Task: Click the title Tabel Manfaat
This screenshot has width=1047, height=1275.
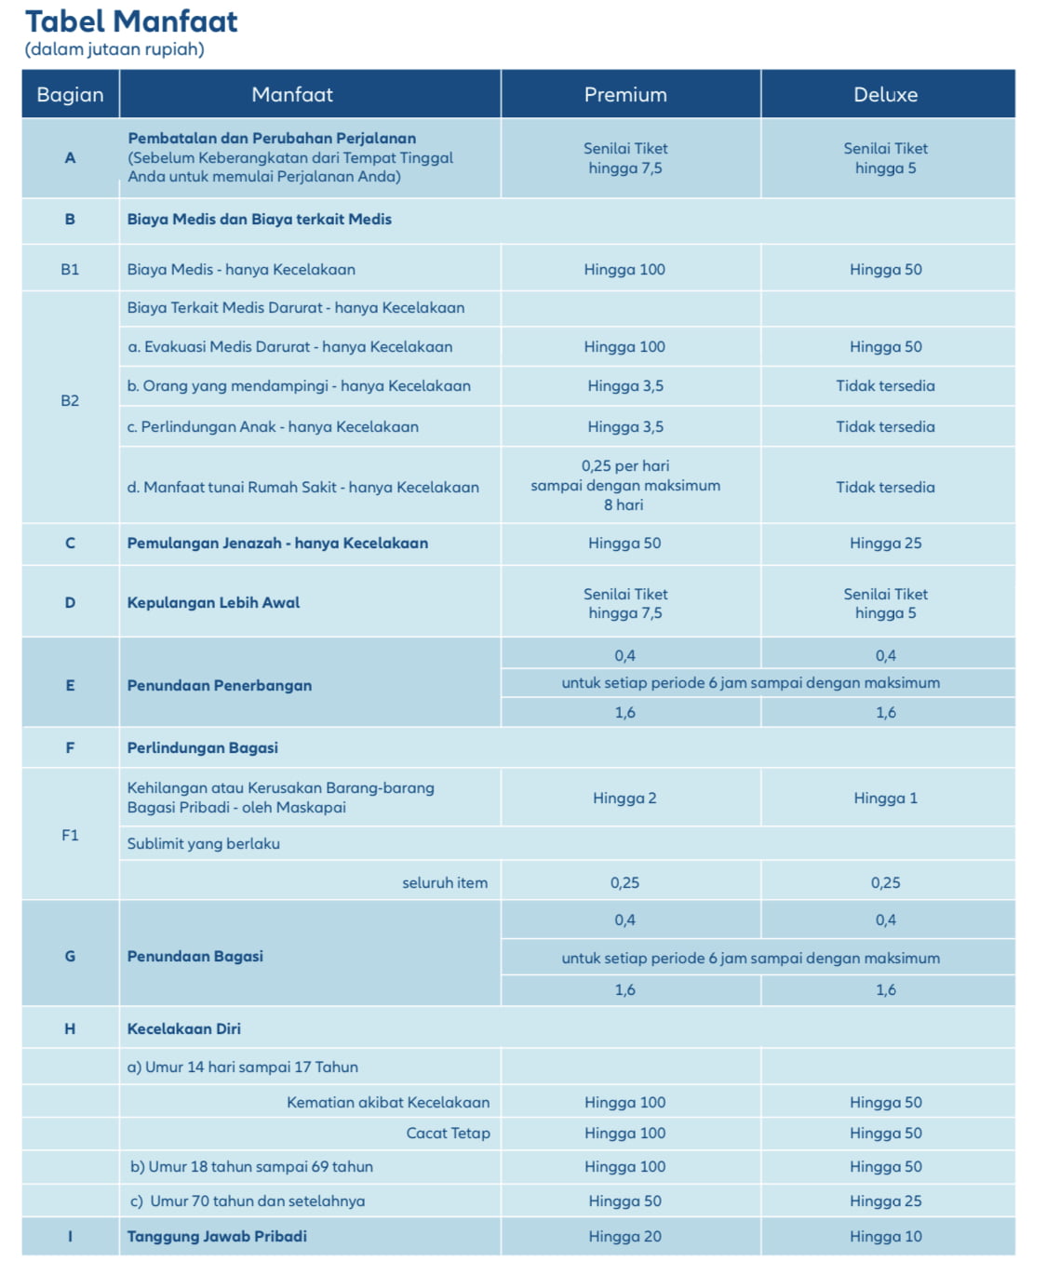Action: (x=131, y=21)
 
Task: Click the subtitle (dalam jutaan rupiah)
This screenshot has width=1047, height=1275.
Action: (x=114, y=49)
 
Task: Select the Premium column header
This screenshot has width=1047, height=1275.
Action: (x=625, y=94)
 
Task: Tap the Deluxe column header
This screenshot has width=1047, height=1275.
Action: (x=885, y=94)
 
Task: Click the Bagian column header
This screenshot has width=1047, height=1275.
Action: (x=70, y=94)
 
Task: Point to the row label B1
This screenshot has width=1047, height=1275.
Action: (x=70, y=269)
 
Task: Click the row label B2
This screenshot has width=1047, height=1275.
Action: (x=70, y=400)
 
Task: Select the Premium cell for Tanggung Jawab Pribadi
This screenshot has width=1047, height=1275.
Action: (x=624, y=1236)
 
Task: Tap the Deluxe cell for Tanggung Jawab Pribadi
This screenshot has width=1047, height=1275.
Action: (x=885, y=1236)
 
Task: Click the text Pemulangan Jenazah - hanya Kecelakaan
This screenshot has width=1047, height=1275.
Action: (x=277, y=543)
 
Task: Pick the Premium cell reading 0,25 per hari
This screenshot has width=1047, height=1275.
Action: (x=625, y=485)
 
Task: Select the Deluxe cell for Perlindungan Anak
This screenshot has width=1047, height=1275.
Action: (x=885, y=426)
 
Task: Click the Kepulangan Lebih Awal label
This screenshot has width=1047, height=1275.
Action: (x=213, y=602)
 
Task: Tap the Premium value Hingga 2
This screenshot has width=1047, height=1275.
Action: (x=624, y=798)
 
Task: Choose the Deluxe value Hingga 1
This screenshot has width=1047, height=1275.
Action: (x=885, y=798)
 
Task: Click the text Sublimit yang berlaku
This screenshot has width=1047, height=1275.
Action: (x=203, y=843)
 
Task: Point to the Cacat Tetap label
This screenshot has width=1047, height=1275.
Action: (x=448, y=1133)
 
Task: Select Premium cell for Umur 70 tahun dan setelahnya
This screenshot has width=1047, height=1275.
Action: (x=624, y=1201)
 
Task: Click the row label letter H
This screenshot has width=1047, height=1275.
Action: (x=70, y=1028)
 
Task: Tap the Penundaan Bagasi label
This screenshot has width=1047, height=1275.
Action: (x=195, y=956)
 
